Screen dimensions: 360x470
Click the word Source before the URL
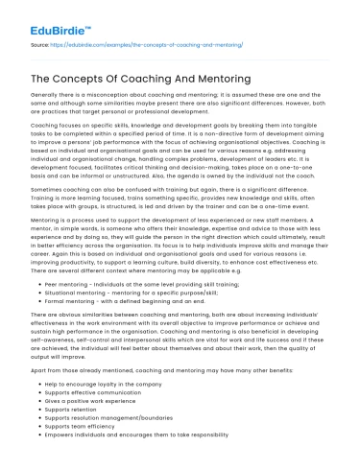39,44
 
